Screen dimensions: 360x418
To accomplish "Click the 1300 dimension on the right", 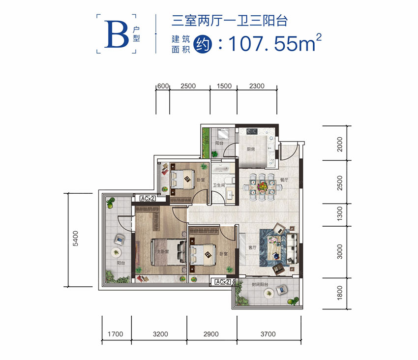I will [x=339, y=214].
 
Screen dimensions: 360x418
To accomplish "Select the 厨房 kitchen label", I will [x=251, y=150].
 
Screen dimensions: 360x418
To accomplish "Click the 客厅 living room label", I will [x=253, y=247].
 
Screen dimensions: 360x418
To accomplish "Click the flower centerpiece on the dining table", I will [x=264, y=185].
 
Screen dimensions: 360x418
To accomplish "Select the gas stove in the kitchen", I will [x=252, y=132].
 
